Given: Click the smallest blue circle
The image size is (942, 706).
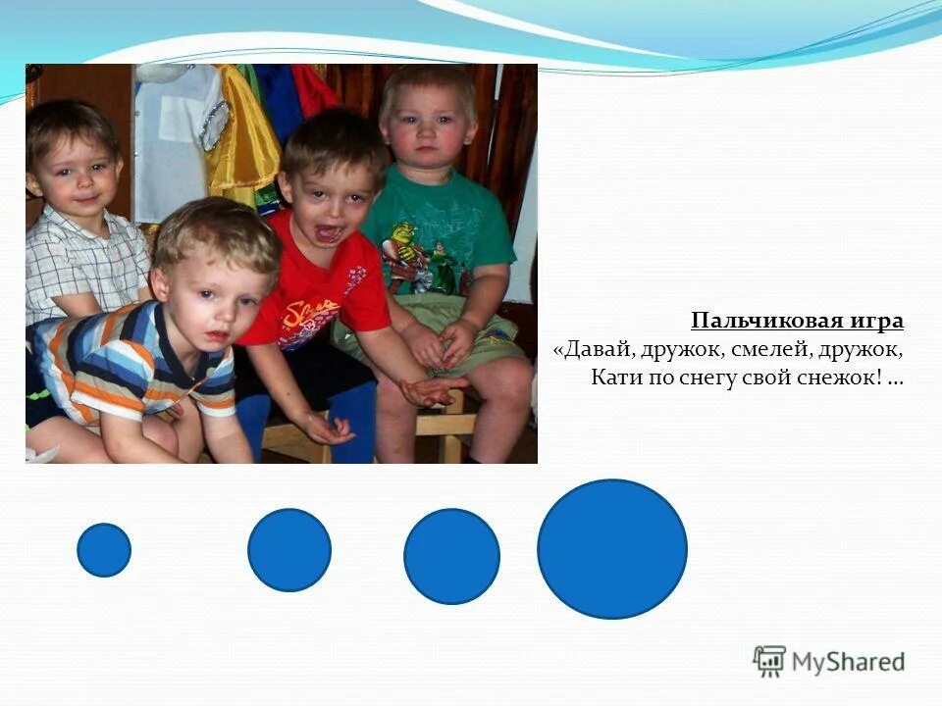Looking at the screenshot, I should click(104, 550).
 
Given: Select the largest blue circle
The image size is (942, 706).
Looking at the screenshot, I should click(612, 549).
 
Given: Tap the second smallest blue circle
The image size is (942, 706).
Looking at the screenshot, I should click(289, 550).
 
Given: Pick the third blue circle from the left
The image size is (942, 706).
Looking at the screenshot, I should click(451, 556).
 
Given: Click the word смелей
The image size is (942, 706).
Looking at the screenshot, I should click(770, 349).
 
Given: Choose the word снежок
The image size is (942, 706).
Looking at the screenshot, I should click(842, 378).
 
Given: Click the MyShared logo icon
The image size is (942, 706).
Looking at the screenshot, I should click(769, 661).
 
